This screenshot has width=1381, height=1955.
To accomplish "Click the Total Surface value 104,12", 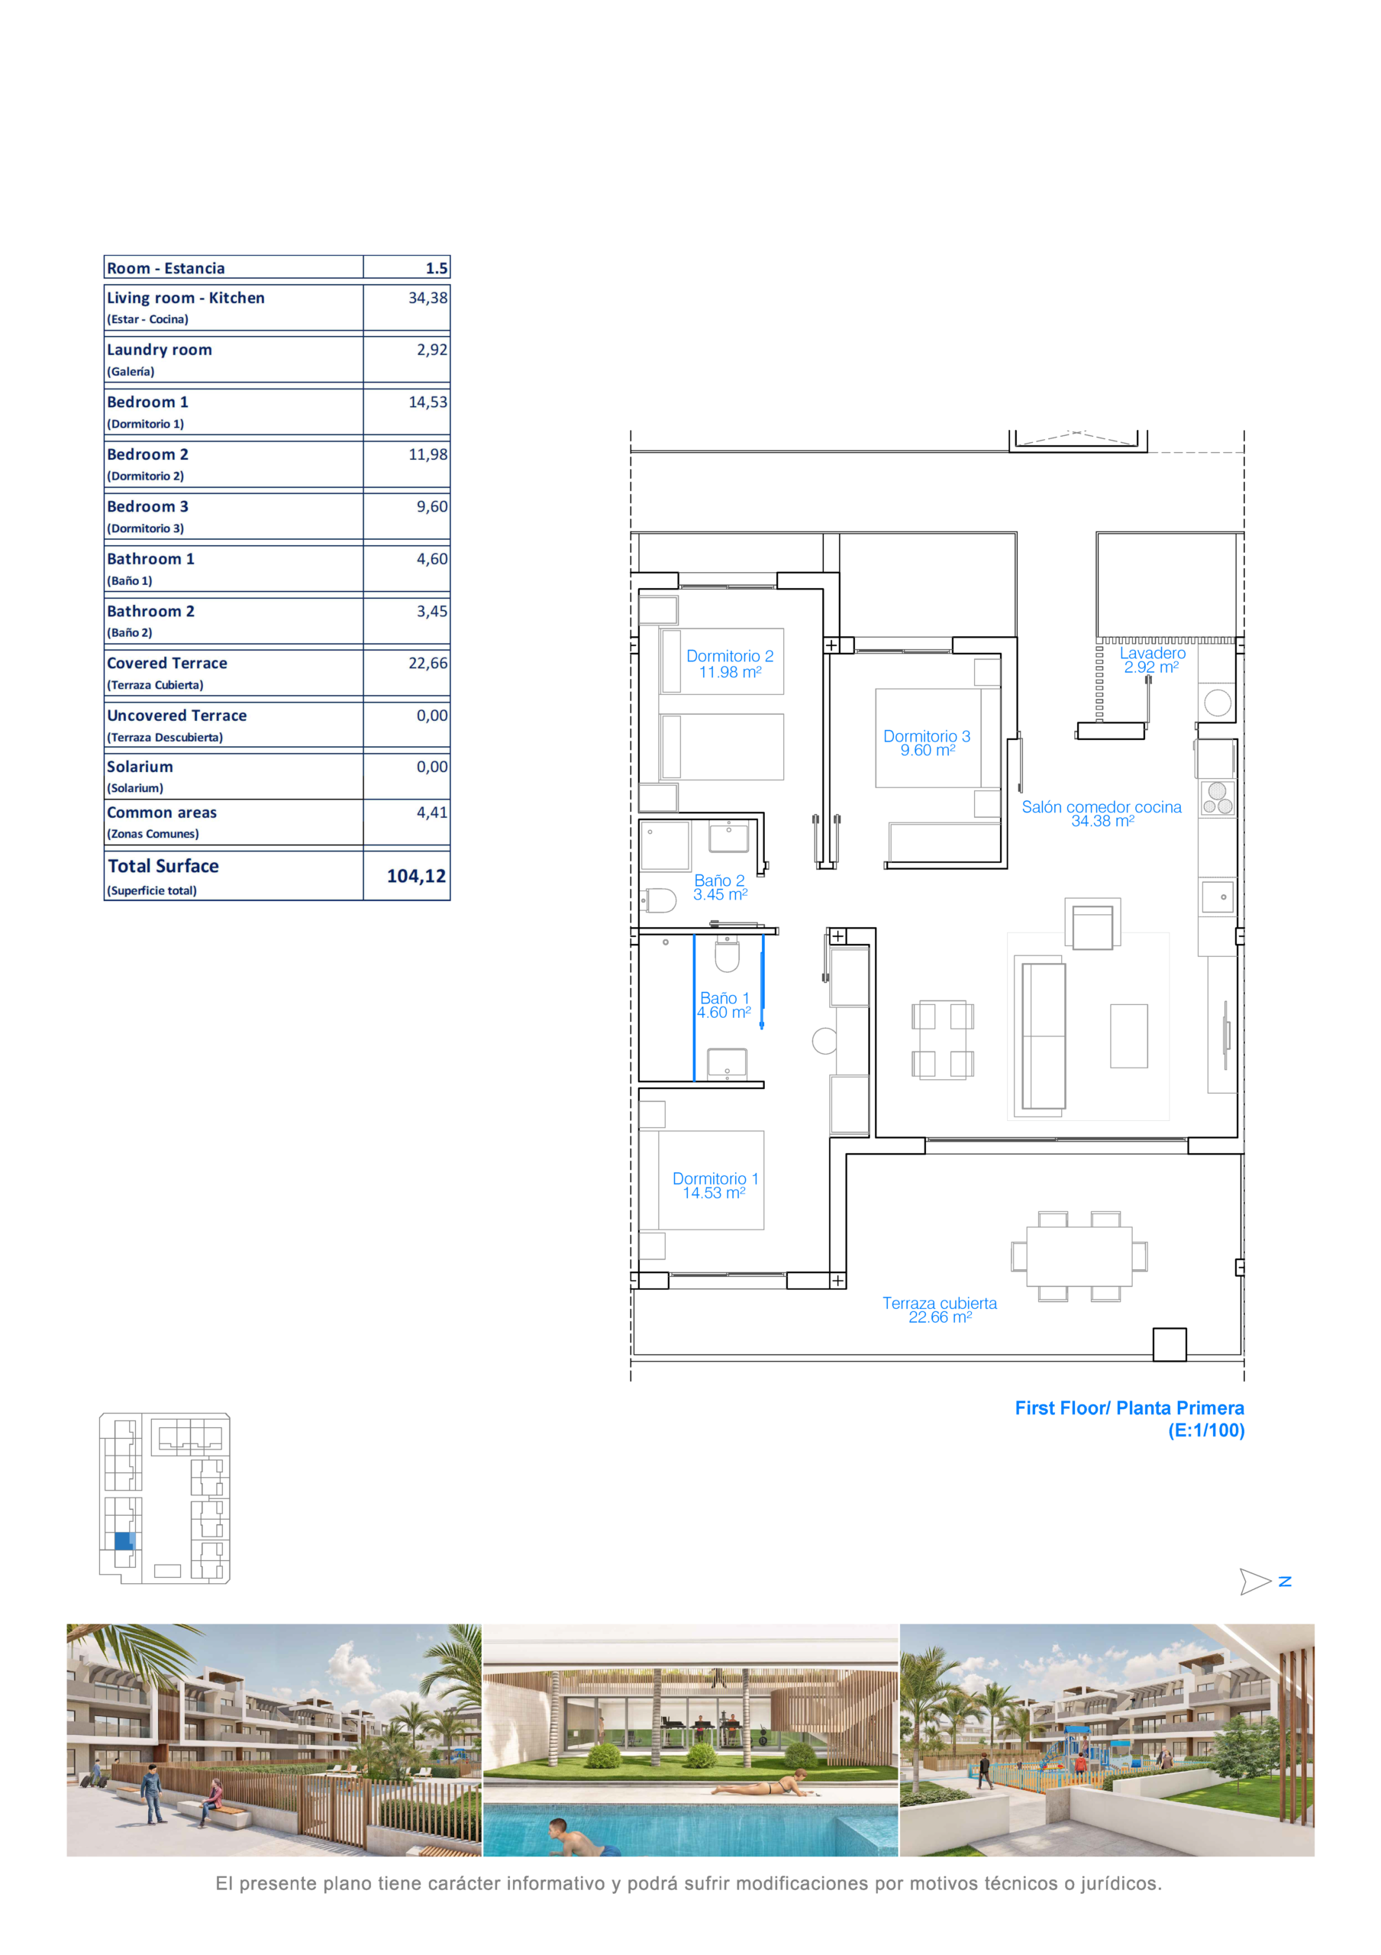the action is click(x=416, y=876).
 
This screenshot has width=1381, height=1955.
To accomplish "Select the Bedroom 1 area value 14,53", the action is click(x=428, y=402).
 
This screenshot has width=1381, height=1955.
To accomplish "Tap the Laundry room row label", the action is click(x=160, y=350).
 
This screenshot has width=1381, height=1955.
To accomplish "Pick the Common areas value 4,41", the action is click(x=431, y=813).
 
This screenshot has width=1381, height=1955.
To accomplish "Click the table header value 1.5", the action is click(x=437, y=268).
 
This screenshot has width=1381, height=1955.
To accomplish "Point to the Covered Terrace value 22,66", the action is click(x=428, y=664).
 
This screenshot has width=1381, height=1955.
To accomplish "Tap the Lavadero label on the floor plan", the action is click(x=1152, y=653).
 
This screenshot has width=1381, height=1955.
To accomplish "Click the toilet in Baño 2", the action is click(x=658, y=900).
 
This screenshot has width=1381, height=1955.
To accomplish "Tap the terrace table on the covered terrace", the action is click(x=1079, y=1256).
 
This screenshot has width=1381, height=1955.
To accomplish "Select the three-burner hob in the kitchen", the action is click(x=1218, y=799).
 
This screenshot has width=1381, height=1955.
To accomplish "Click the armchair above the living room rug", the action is click(x=1092, y=926).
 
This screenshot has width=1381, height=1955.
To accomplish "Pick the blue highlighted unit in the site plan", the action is click(x=124, y=1541).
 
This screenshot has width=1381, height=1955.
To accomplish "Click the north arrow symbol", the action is click(x=1255, y=1582).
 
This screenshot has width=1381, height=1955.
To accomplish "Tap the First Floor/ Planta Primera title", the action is click(x=1129, y=1408).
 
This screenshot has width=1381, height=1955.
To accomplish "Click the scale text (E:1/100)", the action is click(x=1205, y=1430).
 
